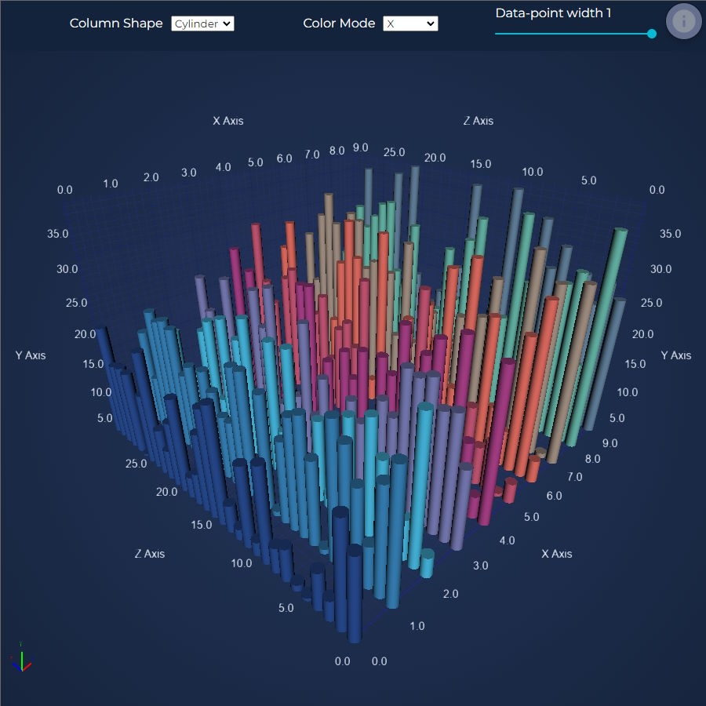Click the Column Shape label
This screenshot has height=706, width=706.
(x=116, y=24)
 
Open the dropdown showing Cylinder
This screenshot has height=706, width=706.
(x=202, y=24)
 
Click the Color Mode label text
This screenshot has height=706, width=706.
(x=339, y=24)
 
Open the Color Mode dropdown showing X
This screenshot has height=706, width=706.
(x=410, y=24)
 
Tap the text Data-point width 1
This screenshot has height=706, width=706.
(x=553, y=13)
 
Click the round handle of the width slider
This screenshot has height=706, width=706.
(x=652, y=34)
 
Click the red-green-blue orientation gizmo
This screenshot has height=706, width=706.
(x=22, y=661)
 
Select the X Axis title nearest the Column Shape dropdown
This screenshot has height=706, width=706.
(x=228, y=121)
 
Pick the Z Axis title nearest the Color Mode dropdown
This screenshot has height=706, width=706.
(x=478, y=121)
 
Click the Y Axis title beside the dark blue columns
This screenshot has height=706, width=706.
(x=31, y=355)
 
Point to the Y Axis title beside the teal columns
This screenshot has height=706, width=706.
(x=675, y=355)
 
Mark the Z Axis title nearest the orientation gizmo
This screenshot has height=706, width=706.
(x=149, y=554)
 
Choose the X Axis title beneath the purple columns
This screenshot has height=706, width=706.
(x=556, y=554)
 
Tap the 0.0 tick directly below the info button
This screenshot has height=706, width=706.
(x=657, y=190)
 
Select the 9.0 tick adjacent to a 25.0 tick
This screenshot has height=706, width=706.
(x=360, y=148)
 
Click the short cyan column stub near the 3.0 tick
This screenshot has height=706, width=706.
(x=426, y=562)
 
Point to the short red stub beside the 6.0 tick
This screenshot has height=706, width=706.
(x=510, y=490)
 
